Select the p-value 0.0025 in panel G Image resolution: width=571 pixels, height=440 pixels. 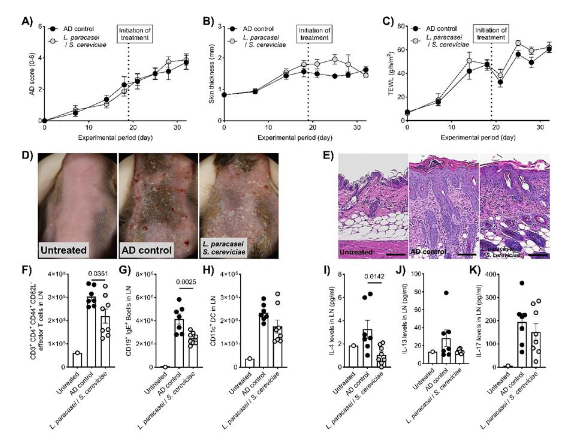[186, 282]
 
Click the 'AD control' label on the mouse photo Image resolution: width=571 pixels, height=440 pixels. [146, 250]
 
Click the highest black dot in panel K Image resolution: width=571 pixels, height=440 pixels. [522, 283]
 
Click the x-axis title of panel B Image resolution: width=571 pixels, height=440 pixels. [295, 138]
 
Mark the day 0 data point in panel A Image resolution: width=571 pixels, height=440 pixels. [44, 121]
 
